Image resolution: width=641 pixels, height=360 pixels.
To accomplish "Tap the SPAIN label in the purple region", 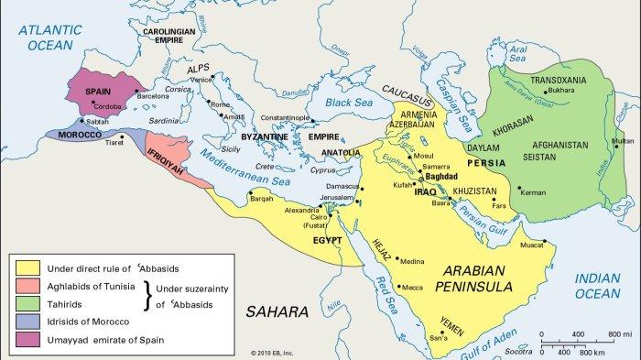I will [x=100, y=92].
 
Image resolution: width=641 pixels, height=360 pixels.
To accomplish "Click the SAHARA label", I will [x=276, y=312].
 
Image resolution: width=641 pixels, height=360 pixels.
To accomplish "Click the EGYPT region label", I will [x=327, y=239].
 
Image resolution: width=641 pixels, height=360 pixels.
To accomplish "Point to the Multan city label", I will [x=622, y=141].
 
